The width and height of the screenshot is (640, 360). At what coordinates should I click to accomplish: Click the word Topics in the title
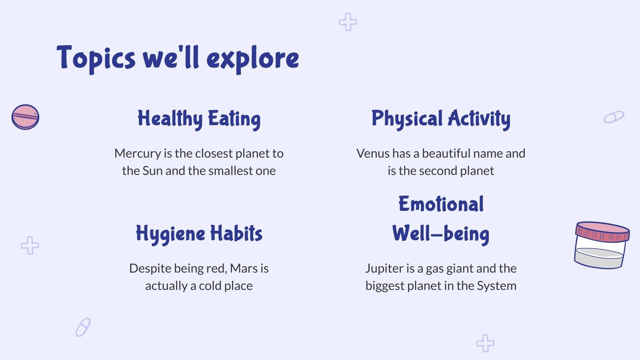96,58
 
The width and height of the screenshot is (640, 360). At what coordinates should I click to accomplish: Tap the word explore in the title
252,59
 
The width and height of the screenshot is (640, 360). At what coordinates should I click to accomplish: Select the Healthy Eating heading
199,119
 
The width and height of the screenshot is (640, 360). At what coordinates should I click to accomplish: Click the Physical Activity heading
441,119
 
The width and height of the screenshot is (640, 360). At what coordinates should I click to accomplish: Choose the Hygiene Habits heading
199,234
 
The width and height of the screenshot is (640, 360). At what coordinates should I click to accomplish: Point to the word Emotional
441,204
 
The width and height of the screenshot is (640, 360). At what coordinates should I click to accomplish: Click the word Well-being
441,234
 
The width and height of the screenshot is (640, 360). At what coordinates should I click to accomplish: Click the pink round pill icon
25,117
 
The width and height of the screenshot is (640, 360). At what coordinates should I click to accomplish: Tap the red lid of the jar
602,232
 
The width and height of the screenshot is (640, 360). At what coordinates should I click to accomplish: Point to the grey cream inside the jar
599,258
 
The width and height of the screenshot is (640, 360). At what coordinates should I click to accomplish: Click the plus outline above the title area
348,22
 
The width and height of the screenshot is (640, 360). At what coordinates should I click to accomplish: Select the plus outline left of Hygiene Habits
30,245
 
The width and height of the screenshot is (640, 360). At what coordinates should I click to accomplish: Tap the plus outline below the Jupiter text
485,343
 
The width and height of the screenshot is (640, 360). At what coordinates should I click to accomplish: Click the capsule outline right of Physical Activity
614,117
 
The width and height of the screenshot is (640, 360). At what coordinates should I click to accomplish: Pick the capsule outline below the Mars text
83,327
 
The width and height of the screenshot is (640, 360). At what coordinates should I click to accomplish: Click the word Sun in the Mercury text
152,171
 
